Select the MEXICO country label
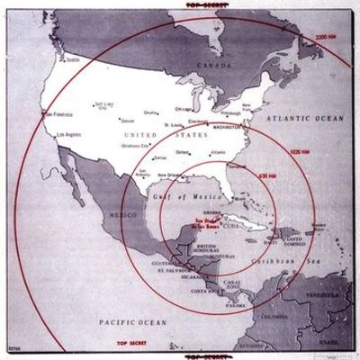coord(122,216)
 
